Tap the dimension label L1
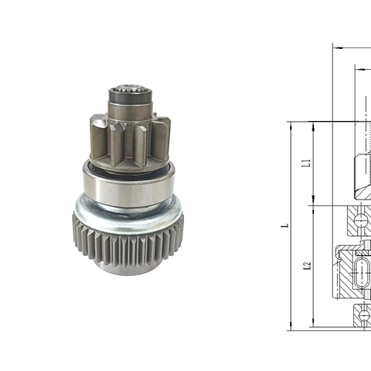tap(306, 163)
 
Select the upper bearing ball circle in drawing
tap(361, 220)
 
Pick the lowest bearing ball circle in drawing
tap(364, 315)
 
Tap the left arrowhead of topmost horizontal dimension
tap(336, 47)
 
